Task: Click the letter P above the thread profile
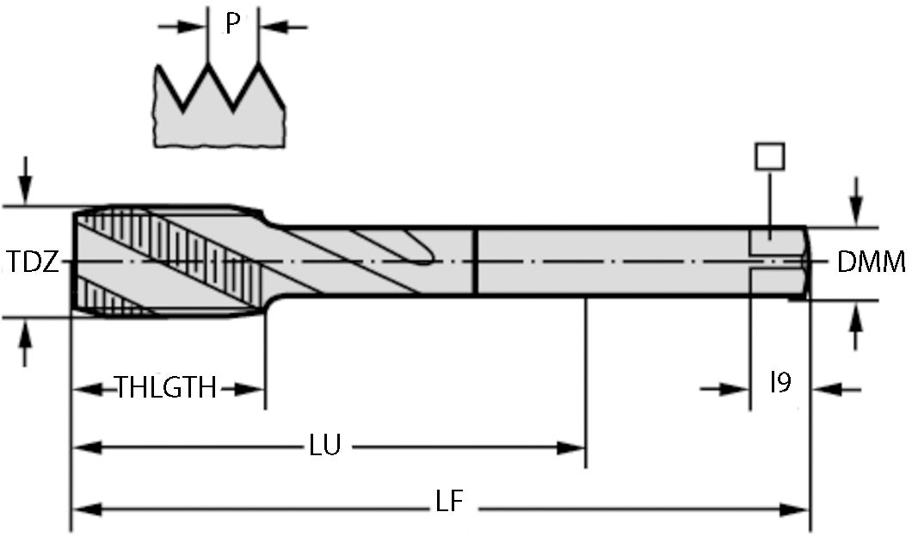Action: point(232,24)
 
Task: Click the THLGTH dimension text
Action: point(166,388)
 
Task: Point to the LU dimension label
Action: point(325,446)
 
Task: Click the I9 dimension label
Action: point(780,382)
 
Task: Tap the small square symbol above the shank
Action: point(769,156)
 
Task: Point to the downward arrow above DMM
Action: point(855,203)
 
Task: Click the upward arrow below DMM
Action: point(855,324)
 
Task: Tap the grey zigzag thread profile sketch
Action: point(220,116)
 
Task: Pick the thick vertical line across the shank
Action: point(475,262)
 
